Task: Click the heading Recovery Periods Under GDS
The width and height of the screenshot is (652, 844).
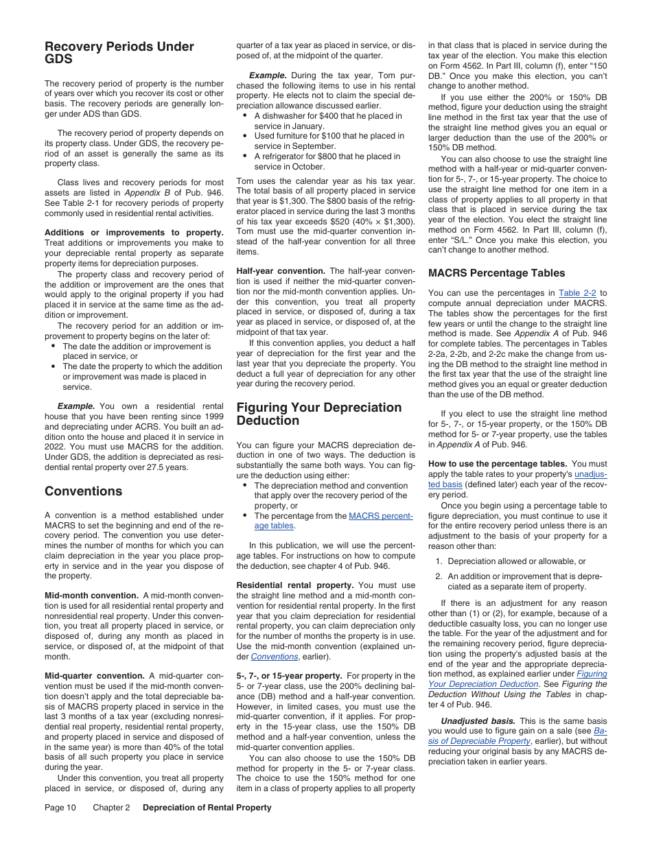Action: click(119, 53)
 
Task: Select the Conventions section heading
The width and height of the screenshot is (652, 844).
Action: click(83, 491)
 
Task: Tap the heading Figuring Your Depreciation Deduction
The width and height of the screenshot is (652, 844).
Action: click(318, 414)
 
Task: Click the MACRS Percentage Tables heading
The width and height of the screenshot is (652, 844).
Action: click(496, 273)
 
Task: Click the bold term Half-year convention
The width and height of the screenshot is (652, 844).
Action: click(281, 271)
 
